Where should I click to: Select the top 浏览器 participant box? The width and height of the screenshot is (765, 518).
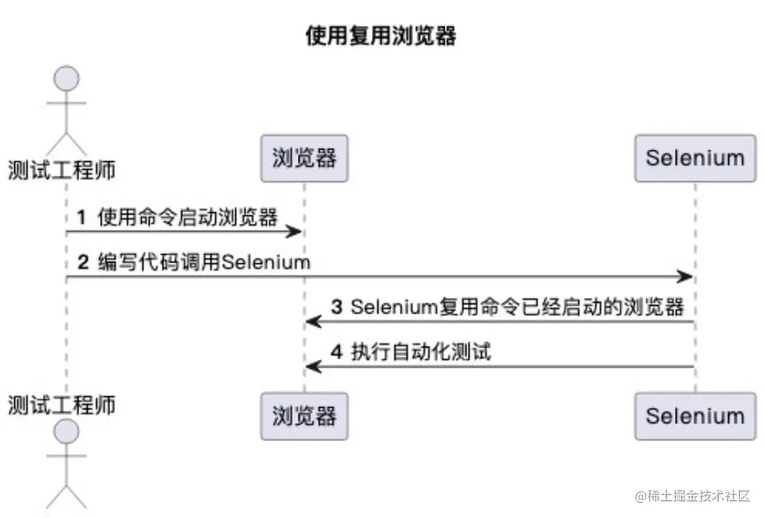tap(304, 158)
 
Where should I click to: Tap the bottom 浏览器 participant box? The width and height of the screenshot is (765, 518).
tap(304, 416)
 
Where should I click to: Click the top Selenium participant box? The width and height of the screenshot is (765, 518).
tap(694, 158)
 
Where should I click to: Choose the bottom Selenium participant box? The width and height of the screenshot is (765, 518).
tap(694, 416)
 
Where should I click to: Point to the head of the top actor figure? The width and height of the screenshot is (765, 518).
tap(66, 77)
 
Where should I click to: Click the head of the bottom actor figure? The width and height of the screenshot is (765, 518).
tap(66, 430)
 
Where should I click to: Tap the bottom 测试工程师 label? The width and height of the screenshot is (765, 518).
tap(62, 404)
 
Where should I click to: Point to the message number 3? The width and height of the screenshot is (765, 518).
tap(337, 307)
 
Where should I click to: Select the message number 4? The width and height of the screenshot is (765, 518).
tap(337, 353)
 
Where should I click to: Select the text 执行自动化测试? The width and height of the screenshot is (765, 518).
tap(421, 353)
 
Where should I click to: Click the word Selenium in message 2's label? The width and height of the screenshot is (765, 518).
tap(266, 262)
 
